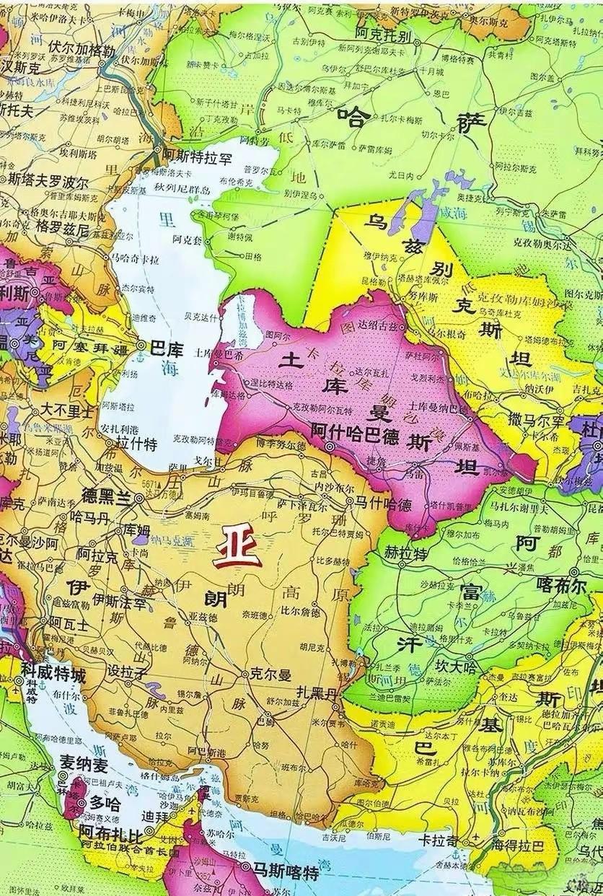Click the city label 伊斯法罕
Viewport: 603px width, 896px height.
pos(119,599)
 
